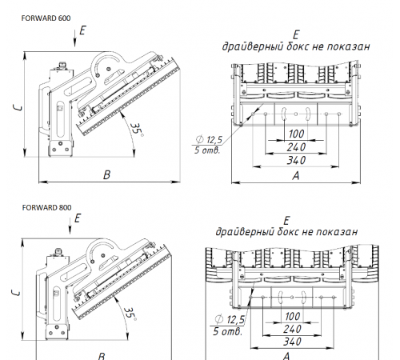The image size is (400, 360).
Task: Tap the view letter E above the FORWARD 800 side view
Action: tap(77, 217)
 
